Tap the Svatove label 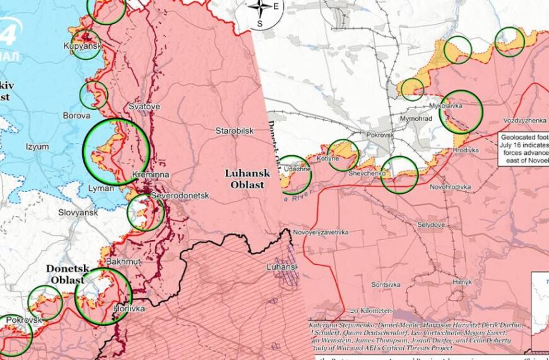pyautogui.click(x=144, y=107)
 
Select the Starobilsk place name pyautogui.click(x=234, y=131)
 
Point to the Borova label pyautogui.click(x=74, y=116)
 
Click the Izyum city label pyautogui.click(x=37, y=147)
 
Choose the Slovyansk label pyautogui.click(x=78, y=213)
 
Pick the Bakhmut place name pyautogui.click(x=124, y=261)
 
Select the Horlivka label pyautogui.click(x=129, y=309)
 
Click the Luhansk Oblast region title pyautogui.click(x=245, y=178)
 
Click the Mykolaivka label pyautogui.click(x=446, y=105)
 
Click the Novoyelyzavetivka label pyautogui.click(x=321, y=232)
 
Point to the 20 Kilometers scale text pyautogui.click(x=372, y=311)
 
